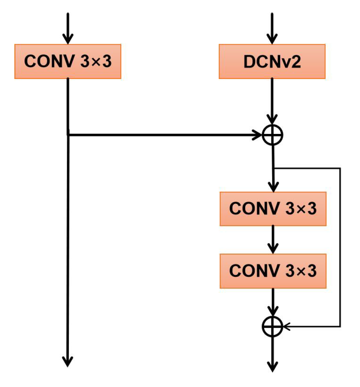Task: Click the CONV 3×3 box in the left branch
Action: pos(68,61)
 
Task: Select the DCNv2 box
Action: pos(272,61)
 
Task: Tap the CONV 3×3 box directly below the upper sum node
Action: pos(273,209)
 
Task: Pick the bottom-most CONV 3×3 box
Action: pos(273,271)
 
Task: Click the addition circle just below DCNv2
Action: pos(273,135)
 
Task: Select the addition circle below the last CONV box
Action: pos(273,326)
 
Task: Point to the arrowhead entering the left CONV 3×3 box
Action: pos(68,39)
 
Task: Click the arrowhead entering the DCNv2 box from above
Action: pos(272,39)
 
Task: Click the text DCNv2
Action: pos(272,61)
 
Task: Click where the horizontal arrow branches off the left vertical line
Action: pos(68,135)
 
